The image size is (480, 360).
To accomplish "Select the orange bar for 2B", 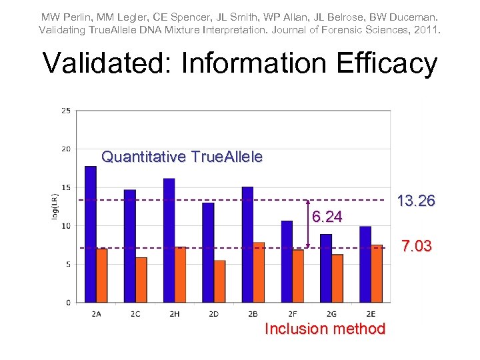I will coord(259,272).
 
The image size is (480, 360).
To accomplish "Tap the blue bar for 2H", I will coord(169,240).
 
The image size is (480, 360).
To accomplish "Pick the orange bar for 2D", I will coord(219,281).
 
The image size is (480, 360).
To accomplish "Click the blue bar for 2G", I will coord(326,268).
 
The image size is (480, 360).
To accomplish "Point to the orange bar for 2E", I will coord(377,273).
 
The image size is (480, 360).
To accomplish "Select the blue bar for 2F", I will coord(287,261).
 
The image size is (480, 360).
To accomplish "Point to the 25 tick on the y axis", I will coord(66,111).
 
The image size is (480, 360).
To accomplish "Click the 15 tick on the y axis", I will coord(66,187).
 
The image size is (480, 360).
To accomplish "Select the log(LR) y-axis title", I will coord(56,207).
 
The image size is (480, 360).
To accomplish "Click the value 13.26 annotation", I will coord(415,201).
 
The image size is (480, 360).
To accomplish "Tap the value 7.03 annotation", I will coord(415,247).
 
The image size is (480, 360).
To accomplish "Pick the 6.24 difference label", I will coord(327,217).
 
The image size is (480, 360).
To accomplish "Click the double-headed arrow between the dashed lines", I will coord(307,223).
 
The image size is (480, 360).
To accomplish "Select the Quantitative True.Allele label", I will coord(182,157).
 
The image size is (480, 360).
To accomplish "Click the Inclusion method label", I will coord(325,329).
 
